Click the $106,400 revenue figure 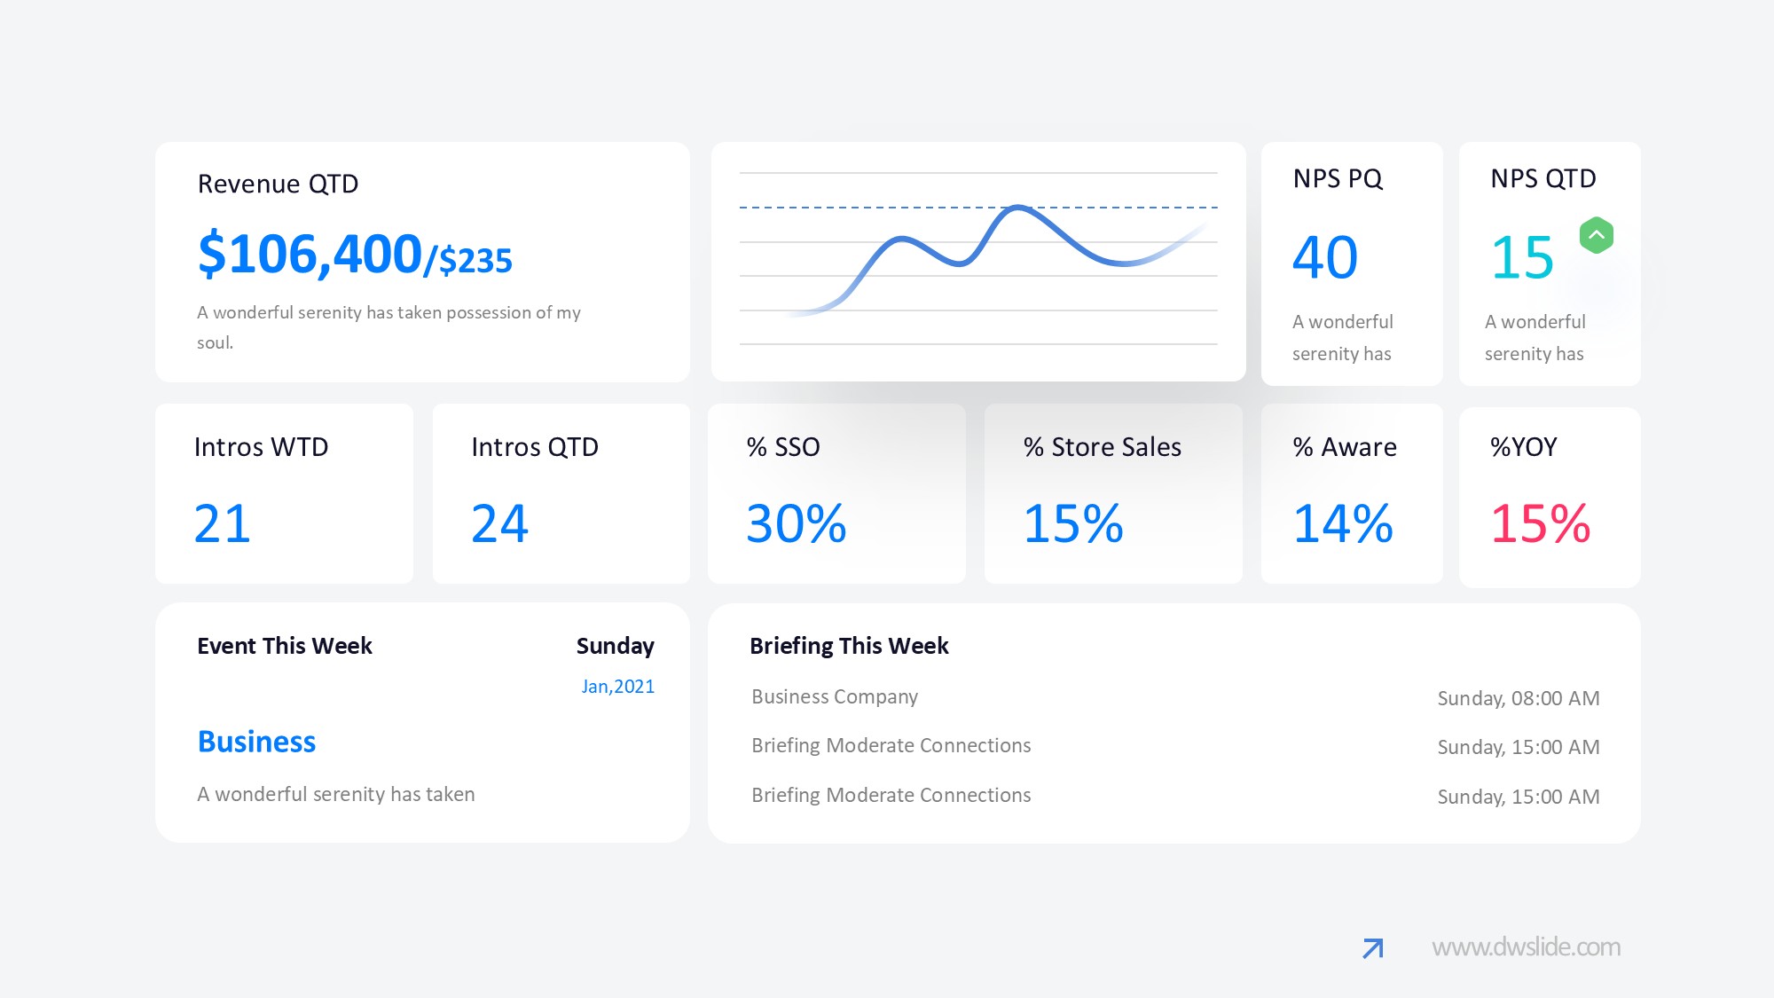click(x=310, y=255)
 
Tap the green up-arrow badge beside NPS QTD click(x=1596, y=236)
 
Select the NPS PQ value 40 click(x=1324, y=258)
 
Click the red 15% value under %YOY click(x=1540, y=523)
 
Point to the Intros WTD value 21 click(x=223, y=523)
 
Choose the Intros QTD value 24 click(x=499, y=523)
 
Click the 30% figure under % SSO click(x=796, y=523)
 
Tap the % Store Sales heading click(x=1102, y=447)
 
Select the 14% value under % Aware click(x=1343, y=523)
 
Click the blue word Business click(x=256, y=742)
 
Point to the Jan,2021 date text click(x=617, y=687)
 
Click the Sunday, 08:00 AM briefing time click(x=1518, y=698)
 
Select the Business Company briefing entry click(x=834, y=696)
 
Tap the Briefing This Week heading click(x=849, y=646)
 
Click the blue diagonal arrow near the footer click(x=1372, y=948)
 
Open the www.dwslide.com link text click(x=1526, y=947)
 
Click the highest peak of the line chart click(x=1018, y=208)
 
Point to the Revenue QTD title click(x=278, y=184)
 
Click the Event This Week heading click(x=284, y=646)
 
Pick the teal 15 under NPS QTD click(x=1522, y=258)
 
